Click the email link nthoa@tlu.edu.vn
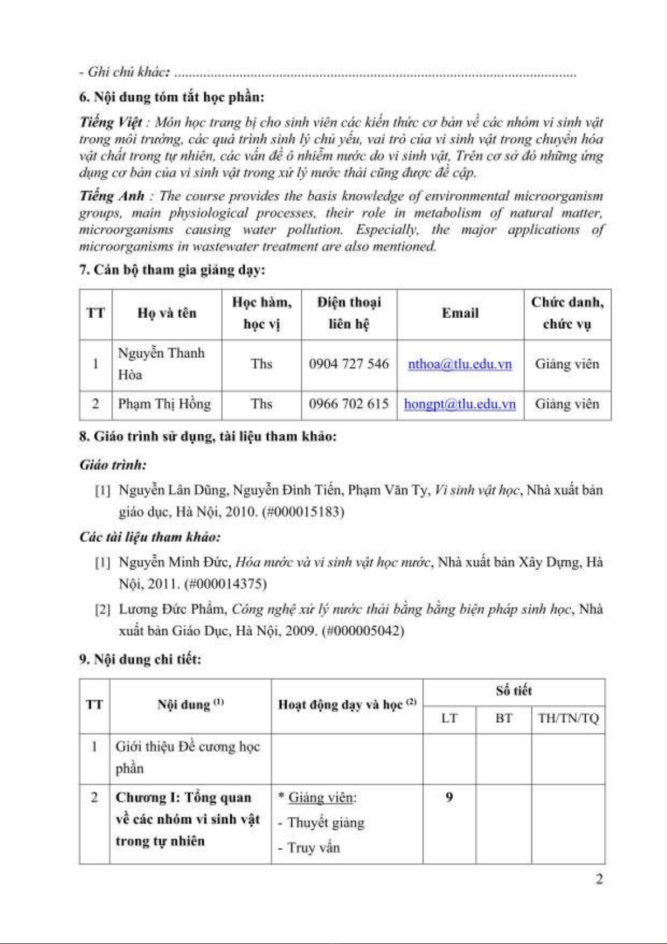(460, 364)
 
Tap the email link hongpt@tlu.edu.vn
(460, 404)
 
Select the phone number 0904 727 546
(348, 364)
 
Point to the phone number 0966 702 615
(348, 404)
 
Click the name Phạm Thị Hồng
(164, 404)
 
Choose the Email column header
(460, 313)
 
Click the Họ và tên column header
(167, 313)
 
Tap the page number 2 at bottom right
(599, 880)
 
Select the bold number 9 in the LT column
(449, 797)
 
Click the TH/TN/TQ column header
(568, 718)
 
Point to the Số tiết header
(514, 691)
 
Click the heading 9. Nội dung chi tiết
(140, 659)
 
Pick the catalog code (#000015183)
(303, 512)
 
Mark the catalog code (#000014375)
(225, 584)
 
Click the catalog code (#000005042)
(363, 631)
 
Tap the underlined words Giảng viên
(321, 798)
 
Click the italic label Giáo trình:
(113, 465)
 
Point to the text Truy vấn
(313, 848)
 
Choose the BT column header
(503, 718)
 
